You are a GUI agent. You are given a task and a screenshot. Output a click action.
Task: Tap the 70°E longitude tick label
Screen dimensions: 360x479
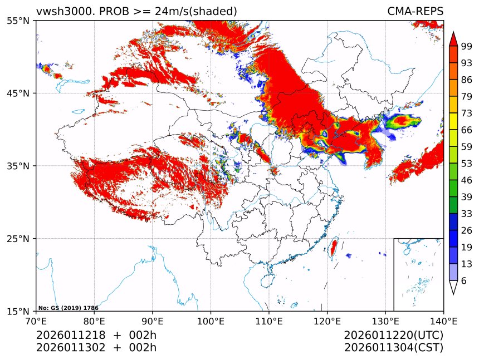tap(36, 320)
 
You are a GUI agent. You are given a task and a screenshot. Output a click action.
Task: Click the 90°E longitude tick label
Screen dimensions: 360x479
tap(153, 320)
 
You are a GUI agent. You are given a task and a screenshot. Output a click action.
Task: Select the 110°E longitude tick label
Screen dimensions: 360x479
tap(269, 320)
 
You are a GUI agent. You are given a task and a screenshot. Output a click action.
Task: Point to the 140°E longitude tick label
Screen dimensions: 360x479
tap(444, 320)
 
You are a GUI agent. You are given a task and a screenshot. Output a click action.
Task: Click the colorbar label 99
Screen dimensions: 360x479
tap(467, 46)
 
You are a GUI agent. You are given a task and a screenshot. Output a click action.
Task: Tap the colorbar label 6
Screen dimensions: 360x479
tap(464, 280)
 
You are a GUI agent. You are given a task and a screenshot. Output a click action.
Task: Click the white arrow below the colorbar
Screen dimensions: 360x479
tap(453, 287)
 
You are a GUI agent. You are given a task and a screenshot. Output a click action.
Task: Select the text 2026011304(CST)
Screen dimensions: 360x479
tap(393, 348)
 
